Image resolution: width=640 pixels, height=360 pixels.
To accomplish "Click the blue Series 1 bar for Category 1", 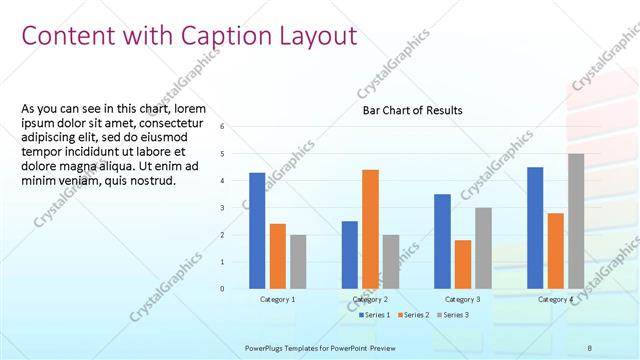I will coord(257,230).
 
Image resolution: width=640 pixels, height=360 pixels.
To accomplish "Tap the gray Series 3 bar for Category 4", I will coord(576,221).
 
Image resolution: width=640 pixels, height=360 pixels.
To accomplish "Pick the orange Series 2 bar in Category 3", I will coord(463,264).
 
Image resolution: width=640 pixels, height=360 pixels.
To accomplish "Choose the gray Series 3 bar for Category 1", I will coord(298,261).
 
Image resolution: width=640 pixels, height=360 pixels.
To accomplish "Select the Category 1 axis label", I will coord(278,299).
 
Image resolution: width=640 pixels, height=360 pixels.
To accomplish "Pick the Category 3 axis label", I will coord(463,299).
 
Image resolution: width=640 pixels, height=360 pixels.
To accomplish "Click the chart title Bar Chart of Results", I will coord(412,111).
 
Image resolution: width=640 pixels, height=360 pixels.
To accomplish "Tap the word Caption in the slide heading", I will coord(226,36).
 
